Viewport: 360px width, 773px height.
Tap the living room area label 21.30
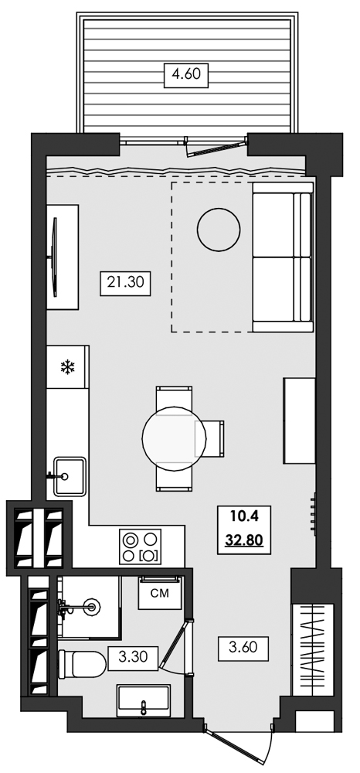[124, 283]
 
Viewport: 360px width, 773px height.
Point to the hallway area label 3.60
[243, 645]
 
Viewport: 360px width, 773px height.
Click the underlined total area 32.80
[243, 540]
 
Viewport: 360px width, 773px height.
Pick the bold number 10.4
[243, 516]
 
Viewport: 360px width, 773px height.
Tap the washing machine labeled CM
[159, 594]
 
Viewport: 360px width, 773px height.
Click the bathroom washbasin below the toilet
[146, 703]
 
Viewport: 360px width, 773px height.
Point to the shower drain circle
[91, 606]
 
